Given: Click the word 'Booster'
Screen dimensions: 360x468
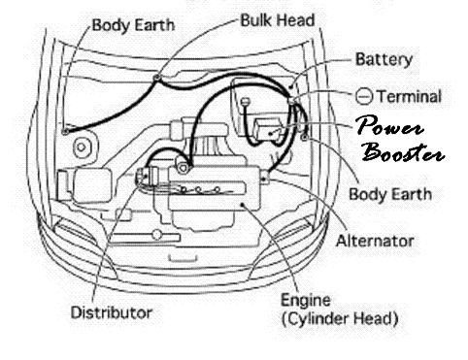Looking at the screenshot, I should click(x=404, y=153).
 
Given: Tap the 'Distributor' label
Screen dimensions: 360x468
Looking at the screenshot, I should click(x=111, y=312).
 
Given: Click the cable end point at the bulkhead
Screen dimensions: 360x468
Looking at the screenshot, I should click(x=157, y=76).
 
